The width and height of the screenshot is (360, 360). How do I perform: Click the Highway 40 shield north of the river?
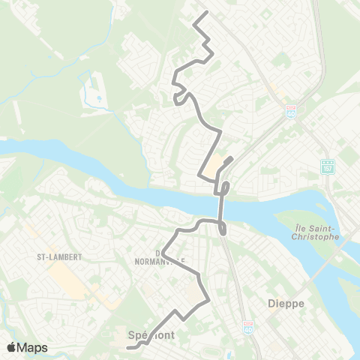[290, 111]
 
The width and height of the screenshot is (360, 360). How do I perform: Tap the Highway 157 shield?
[327, 165]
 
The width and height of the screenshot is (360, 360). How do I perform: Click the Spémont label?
[151, 337]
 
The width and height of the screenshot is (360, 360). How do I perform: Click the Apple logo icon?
[11, 347]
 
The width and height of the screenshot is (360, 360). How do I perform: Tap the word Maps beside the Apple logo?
[33, 347]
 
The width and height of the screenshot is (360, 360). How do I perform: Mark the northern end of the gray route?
[206, 13]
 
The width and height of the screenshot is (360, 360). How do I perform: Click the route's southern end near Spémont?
[127, 347]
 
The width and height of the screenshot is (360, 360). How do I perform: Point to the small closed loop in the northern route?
[178, 98]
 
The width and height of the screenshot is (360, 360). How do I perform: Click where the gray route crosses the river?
[221, 205]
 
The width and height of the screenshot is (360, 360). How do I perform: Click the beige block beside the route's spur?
[216, 163]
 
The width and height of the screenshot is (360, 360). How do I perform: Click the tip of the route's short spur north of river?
[232, 157]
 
